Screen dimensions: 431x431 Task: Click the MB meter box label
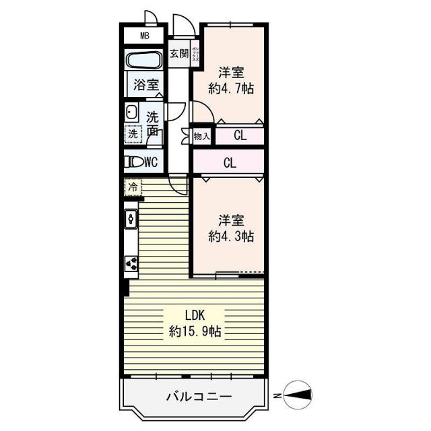[143, 36]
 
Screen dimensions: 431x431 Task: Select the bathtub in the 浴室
[143, 61]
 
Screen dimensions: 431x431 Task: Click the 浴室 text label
[146, 85]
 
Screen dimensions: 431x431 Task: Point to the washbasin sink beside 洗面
[131, 112]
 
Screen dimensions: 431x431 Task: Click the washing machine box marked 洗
[133, 133]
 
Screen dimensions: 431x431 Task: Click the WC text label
[151, 162]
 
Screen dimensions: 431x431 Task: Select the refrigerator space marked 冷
[133, 187]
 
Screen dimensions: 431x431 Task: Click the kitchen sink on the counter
[131, 218]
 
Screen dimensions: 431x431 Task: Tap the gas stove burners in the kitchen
[131, 263]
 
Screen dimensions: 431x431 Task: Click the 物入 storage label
[202, 137]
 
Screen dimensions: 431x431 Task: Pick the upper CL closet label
[240, 136]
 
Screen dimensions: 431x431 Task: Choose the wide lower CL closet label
[230, 162]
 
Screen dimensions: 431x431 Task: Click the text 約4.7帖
[231, 88]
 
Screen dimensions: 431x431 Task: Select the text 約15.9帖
[196, 331]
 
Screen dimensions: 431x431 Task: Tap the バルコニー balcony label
[199, 396]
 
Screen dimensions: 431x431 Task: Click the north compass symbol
[296, 393]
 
